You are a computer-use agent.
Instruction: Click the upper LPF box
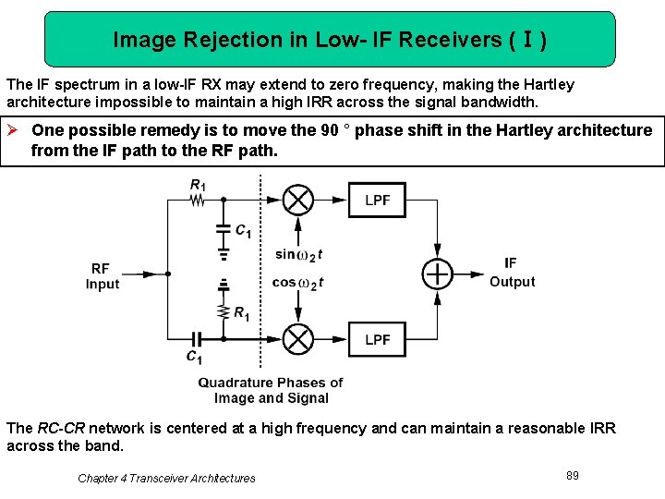[x=377, y=200]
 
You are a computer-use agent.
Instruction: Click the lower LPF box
[x=377, y=339]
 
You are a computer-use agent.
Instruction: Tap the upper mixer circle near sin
[x=297, y=200]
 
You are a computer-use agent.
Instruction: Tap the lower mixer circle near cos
[x=297, y=339]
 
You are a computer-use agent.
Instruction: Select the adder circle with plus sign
[x=438, y=274]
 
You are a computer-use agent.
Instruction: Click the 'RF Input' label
[x=103, y=275]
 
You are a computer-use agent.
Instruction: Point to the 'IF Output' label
[x=512, y=273]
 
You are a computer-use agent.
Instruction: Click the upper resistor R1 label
[x=198, y=185]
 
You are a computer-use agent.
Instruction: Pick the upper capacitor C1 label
[x=243, y=231]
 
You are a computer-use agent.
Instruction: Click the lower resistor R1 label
[x=241, y=313]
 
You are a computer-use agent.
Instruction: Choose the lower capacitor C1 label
[x=194, y=357]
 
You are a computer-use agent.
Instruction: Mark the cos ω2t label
[x=299, y=283]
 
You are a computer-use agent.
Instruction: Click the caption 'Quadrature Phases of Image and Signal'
[x=271, y=390]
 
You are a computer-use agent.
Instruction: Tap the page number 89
[x=573, y=475]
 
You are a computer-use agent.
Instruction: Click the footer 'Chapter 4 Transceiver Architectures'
[x=166, y=478]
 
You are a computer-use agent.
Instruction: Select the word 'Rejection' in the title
[x=218, y=40]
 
